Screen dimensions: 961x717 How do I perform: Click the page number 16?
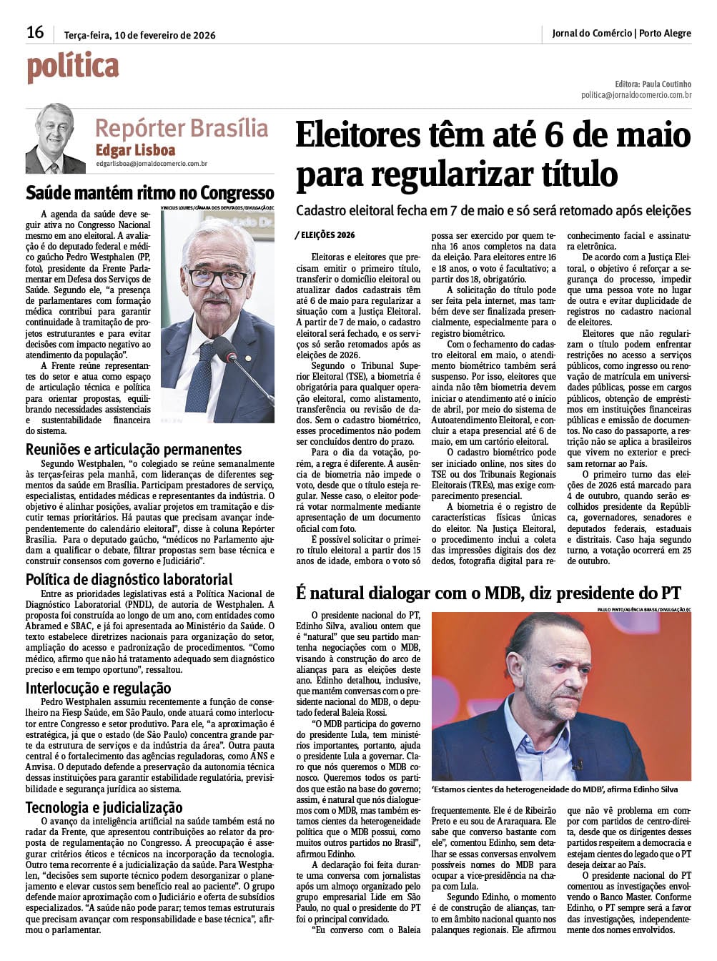point(35,32)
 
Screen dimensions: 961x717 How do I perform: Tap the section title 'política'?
point(73,68)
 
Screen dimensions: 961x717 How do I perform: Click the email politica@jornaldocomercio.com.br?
point(636,94)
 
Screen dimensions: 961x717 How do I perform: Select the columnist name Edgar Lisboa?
point(135,150)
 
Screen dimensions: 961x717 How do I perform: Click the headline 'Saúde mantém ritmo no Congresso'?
point(150,193)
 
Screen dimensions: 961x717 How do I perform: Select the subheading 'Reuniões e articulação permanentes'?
point(134,450)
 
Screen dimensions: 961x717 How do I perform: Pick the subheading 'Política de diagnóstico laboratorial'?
point(129,579)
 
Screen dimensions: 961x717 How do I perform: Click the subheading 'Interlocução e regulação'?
point(98,688)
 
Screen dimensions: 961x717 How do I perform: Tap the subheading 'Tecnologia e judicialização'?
point(104,807)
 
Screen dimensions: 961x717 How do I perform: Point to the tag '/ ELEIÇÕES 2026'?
point(325,235)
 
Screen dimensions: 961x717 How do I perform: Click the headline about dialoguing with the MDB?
point(488,593)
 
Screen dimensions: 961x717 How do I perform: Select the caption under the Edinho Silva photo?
point(555,789)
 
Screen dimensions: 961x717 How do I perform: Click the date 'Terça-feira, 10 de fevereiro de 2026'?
point(139,34)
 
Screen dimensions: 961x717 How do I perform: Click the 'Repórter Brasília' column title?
point(182,128)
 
